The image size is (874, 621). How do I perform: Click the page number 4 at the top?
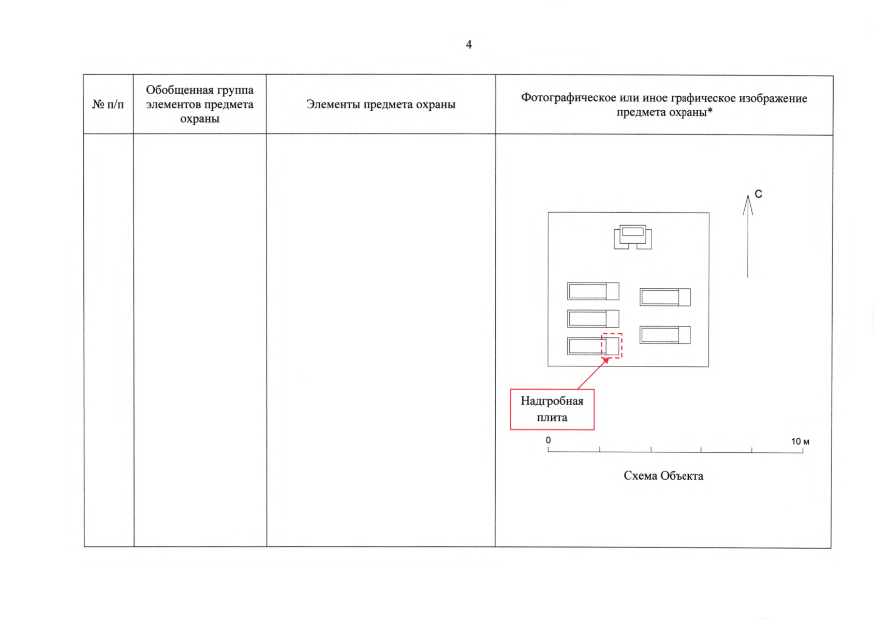pos(469,45)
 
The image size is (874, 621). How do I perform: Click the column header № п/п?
pos(108,105)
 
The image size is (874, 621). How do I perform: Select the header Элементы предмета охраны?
pos(381,105)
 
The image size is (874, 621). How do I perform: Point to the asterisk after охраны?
pos(710,111)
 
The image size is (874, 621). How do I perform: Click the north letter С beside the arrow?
pos(758,194)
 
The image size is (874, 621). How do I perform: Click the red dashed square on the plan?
pos(612,345)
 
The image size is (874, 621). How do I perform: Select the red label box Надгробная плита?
pos(552,409)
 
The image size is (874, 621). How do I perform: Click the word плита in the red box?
pos(552,418)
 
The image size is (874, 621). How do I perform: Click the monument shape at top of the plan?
pos(633,237)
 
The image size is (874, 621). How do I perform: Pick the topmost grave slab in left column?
pos(593,291)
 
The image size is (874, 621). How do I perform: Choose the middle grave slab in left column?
pos(593,319)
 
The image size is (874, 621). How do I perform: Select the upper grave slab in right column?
pos(665,297)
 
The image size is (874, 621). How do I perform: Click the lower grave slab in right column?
pos(665,335)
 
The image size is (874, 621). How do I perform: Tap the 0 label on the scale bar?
pos(549,440)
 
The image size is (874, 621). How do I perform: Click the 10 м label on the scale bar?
pos(800,441)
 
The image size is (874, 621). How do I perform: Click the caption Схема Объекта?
pos(663,476)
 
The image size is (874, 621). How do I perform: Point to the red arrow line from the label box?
pos(592,374)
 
